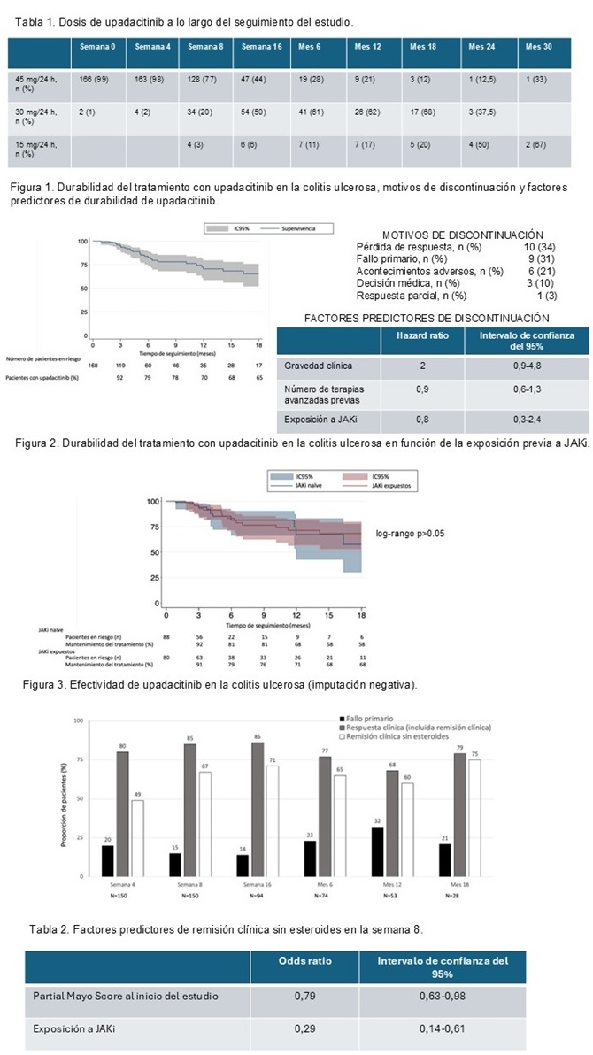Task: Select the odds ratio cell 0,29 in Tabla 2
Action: pos(304,1029)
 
